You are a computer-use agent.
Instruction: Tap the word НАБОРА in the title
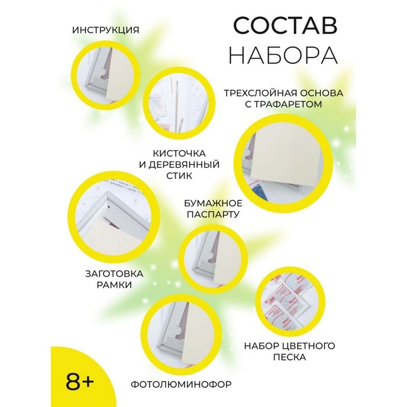tap(283, 56)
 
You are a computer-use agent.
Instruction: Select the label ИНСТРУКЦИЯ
tap(106, 30)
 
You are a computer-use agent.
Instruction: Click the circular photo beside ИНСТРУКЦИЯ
tap(106, 68)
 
